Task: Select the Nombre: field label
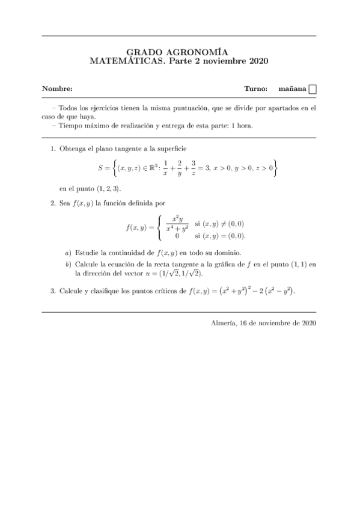57,89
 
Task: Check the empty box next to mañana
313,90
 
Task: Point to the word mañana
293,89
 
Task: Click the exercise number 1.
53,149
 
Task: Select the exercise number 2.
53,204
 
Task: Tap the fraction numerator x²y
177,220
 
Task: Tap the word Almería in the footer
224,322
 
